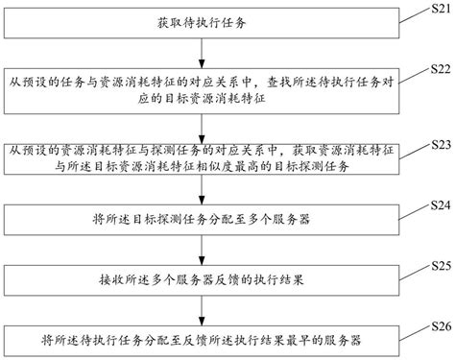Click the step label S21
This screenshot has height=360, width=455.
(438, 9)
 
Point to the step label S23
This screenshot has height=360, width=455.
(438, 143)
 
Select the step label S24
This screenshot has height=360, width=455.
(438, 205)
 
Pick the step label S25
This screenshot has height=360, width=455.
(438, 262)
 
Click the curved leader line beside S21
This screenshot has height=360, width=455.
(419, 13)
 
